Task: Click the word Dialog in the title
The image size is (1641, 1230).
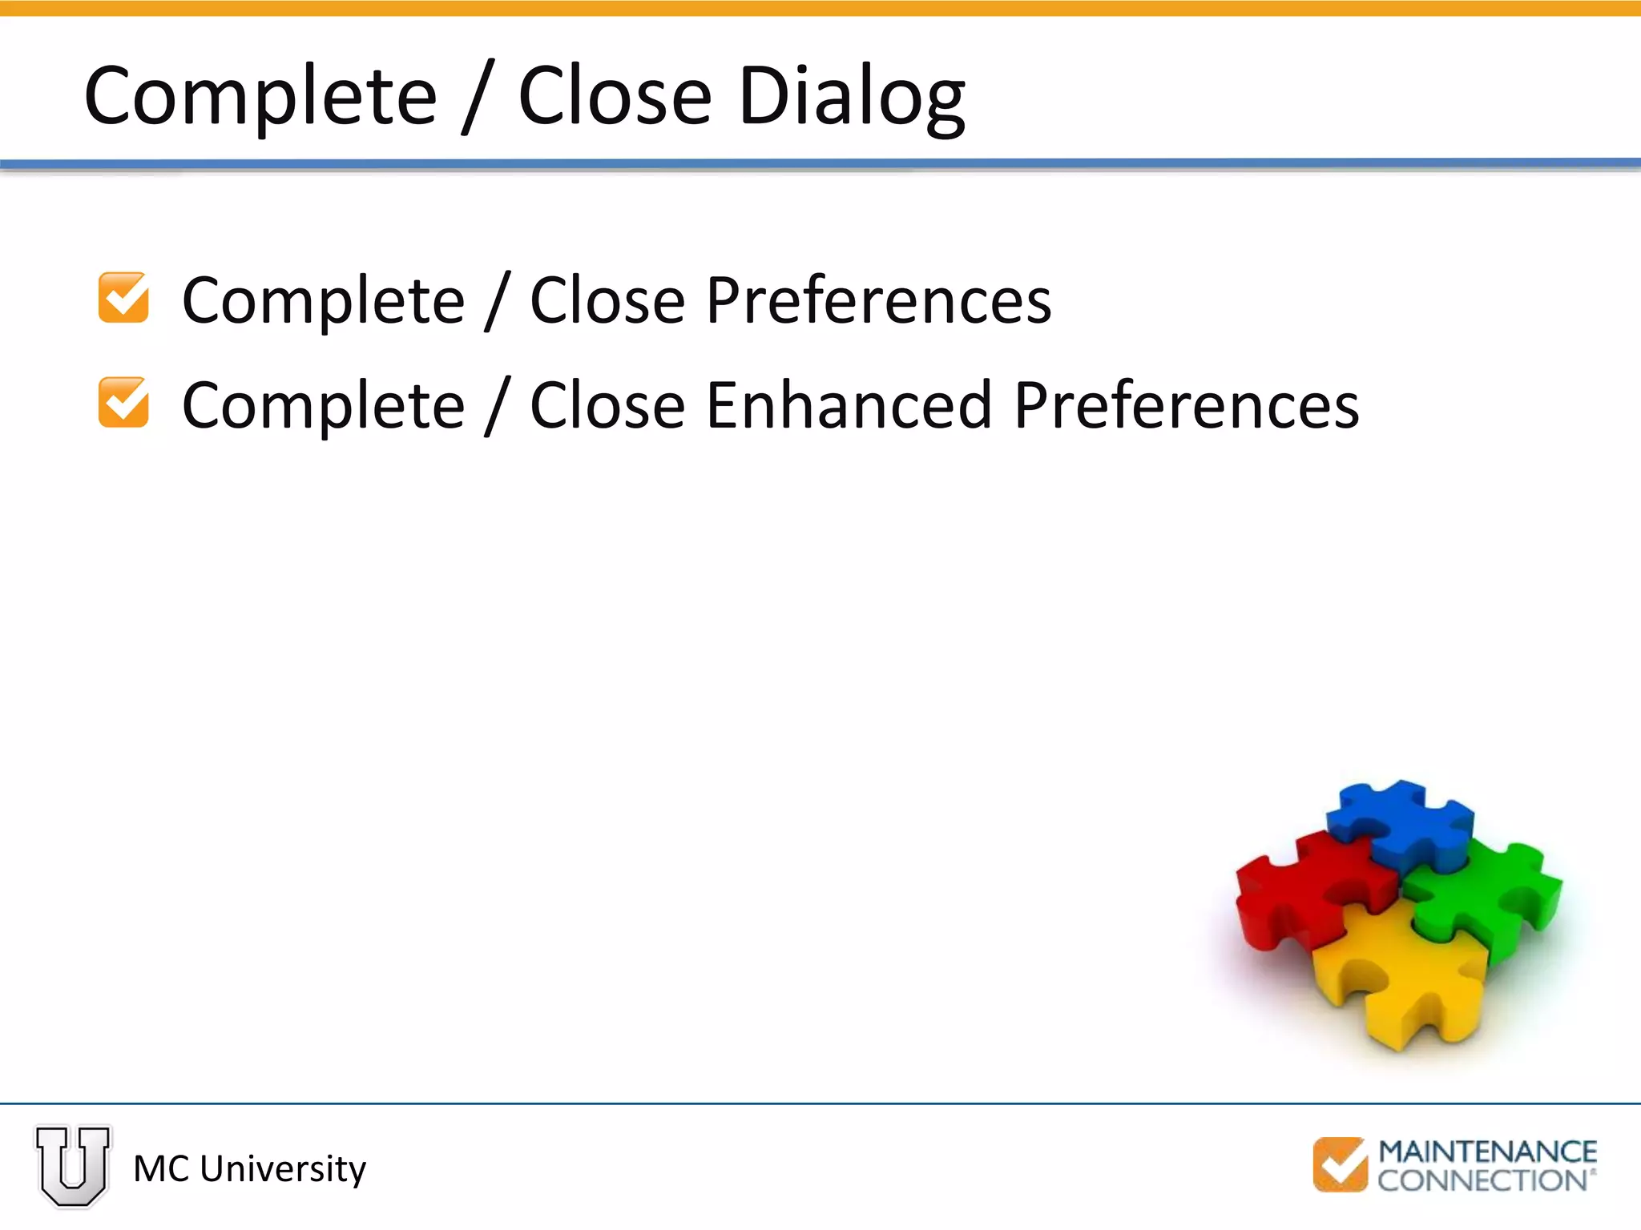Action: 851,98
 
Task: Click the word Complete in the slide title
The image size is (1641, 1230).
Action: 260,98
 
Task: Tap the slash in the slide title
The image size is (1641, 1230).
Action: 478,98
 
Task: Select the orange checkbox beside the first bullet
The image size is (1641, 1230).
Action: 123,298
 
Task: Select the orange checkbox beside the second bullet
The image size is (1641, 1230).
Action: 123,403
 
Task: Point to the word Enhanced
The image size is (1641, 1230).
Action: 849,405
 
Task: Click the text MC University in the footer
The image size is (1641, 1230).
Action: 249,1169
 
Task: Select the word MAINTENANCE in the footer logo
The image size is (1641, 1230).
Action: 1487,1152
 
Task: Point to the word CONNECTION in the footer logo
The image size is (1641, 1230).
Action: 1482,1180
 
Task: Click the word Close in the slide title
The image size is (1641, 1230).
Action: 615,98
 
